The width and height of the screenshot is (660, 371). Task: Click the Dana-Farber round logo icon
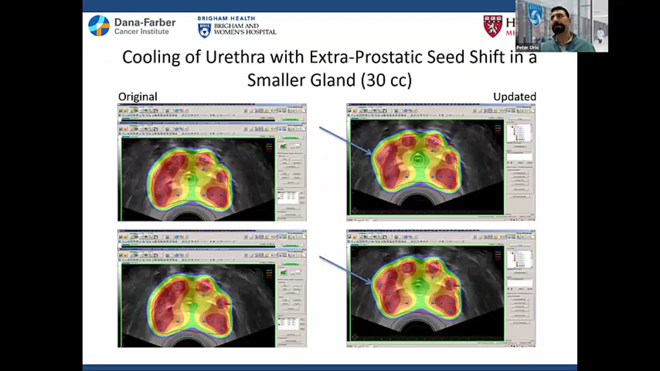pos(99,26)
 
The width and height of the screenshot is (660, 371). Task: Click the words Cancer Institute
pos(142,32)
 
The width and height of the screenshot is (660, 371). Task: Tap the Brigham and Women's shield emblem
pos(205,31)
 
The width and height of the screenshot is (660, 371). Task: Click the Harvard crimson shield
pos(493,26)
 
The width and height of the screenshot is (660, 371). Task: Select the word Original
pos(137,97)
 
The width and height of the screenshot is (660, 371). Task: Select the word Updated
pos(514,97)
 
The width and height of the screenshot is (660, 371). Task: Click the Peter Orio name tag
pos(527,48)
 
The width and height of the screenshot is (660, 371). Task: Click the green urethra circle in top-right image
pos(418,159)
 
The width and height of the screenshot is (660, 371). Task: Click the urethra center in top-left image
pos(189,179)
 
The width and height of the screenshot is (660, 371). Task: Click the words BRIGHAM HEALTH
pos(226,18)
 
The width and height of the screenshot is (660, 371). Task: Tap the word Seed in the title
pos(445,57)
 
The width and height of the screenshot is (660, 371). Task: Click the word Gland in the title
pos(333,80)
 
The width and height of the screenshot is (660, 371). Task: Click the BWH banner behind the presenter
pos(535,14)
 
